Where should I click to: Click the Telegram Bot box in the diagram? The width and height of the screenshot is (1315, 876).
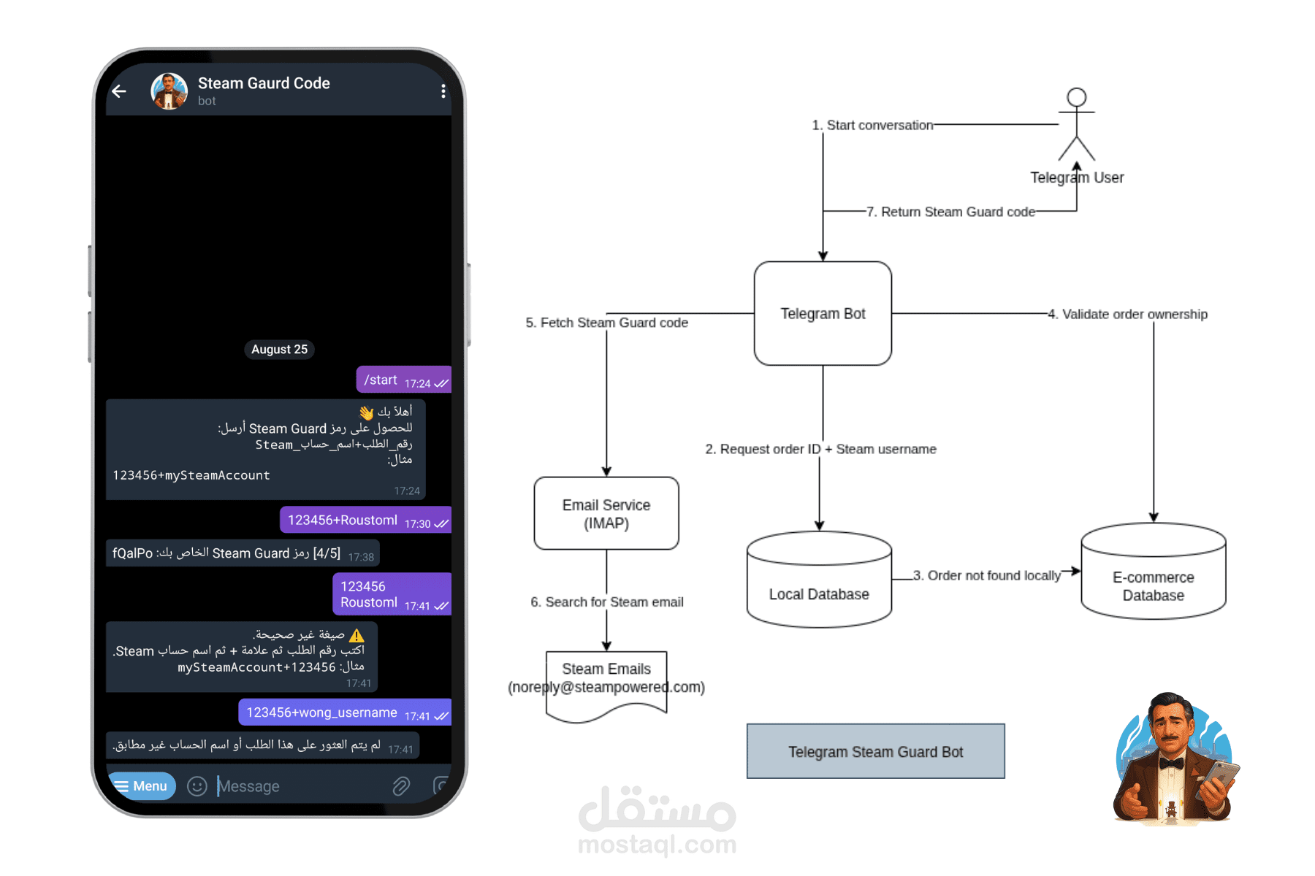pos(823,313)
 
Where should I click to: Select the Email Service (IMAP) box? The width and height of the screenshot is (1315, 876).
pos(606,513)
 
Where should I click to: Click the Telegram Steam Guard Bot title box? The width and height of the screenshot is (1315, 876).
pos(875,751)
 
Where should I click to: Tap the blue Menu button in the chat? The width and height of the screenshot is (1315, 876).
pos(142,786)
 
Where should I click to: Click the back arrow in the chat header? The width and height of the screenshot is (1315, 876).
pos(119,91)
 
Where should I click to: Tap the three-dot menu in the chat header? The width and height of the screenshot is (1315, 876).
pos(443,91)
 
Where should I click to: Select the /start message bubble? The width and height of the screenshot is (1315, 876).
pos(404,380)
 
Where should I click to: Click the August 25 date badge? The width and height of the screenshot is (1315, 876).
pos(279,350)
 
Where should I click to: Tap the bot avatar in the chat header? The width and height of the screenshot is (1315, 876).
pos(169,91)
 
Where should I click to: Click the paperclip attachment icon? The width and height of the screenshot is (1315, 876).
pos(401,786)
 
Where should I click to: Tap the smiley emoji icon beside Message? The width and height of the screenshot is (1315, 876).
pos(197,786)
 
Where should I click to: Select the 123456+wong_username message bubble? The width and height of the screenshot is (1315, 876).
pos(345,713)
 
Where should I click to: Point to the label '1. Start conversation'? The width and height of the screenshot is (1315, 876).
pos(873,126)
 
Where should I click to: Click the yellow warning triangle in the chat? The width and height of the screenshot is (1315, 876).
pos(357,635)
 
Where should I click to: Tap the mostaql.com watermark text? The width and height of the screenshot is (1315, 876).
pos(657,845)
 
